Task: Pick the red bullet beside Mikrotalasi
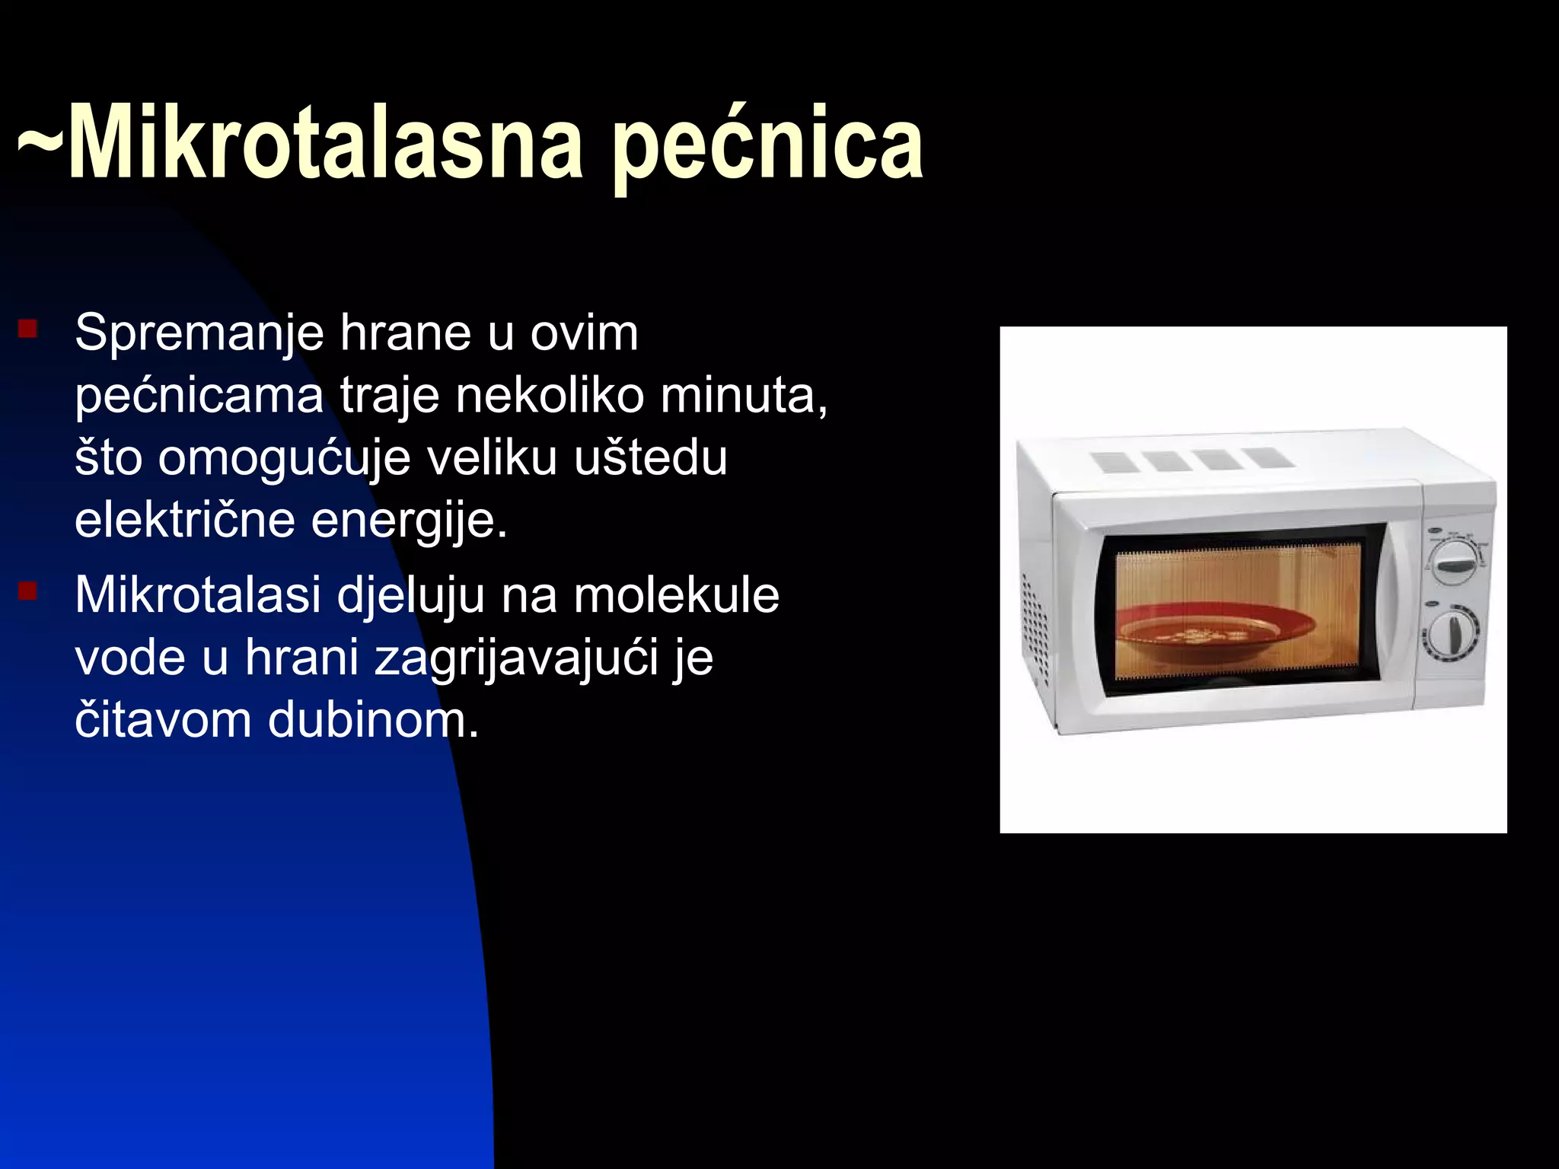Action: [28, 591]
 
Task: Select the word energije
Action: [409, 522]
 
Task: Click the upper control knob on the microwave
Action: [1455, 564]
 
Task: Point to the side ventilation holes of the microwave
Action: [1035, 628]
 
